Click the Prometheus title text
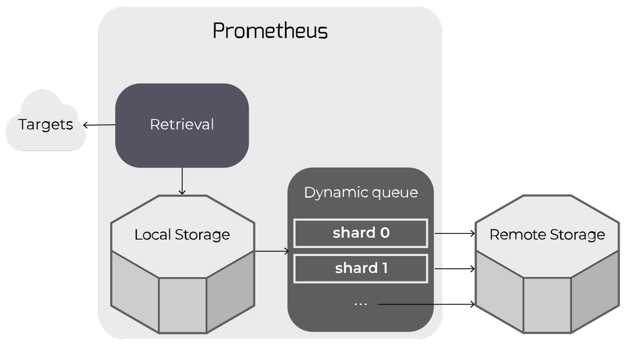coord(270,31)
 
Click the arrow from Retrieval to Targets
coord(99,125)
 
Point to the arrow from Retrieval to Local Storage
coord(182,181)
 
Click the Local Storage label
coord(182,235)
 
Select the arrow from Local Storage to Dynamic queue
coord(271,251)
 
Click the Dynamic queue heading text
coord(361,192)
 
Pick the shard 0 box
coord(361,233)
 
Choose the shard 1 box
coord(361,269)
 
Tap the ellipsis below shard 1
coord(361,304)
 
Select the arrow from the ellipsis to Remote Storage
coord(426,304)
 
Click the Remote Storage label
coord(547,235)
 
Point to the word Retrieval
coord(182,125)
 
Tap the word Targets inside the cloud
coord(45,125)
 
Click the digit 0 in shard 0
coord(385,233)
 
